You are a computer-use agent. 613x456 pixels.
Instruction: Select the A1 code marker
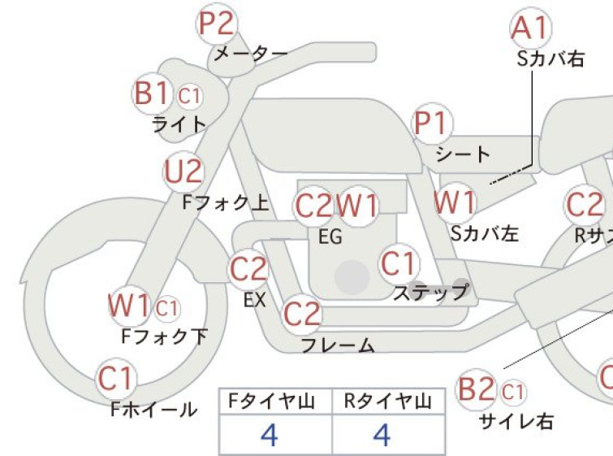click(x=531, y=28)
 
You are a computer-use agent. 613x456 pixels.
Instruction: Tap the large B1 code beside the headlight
click(x=152, y=93)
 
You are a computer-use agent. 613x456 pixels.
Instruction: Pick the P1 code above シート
click(x=433, y=124)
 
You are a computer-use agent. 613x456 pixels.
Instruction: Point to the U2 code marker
click(x=183, y=172)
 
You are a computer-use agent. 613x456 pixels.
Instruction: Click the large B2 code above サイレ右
click(x=476, y=389)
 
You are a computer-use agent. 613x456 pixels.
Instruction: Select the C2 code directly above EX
click(x=248, y=269)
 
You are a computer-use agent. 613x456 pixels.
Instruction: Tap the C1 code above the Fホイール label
click(x=116, y=379)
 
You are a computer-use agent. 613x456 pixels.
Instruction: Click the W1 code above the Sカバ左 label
click(x=455, y=202)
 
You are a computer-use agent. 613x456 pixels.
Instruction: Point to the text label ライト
click(x=179, y=124)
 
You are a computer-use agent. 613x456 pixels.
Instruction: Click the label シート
click(x=463, y=154)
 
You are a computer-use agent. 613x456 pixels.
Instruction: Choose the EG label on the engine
click(x=330, y=237)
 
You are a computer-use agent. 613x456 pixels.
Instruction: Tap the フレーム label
click(x=338, y=345)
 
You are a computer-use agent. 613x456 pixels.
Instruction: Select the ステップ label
click(x=431, y=292)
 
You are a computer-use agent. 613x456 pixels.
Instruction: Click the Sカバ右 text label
click(x=550, y=59)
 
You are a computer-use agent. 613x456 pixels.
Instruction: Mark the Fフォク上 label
click(x=226, y=202)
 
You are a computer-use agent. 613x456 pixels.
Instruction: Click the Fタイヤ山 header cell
click(x=275, y=402)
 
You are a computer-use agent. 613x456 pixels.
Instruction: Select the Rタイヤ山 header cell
click(x=389, y=402)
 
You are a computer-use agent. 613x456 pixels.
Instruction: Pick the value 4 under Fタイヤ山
click(x=270, y=435)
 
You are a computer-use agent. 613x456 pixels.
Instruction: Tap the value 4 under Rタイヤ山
click(x=382, y=435)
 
